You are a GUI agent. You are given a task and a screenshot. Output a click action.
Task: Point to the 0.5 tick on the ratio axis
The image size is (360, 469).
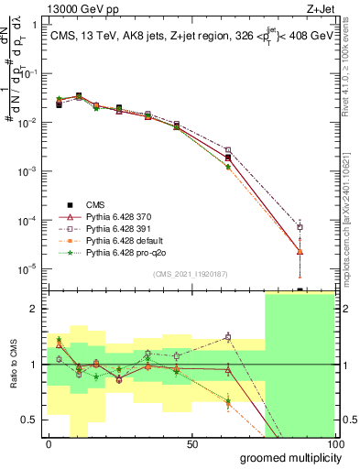33,420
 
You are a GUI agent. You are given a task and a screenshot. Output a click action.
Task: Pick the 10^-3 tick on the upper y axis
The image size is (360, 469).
30,171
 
